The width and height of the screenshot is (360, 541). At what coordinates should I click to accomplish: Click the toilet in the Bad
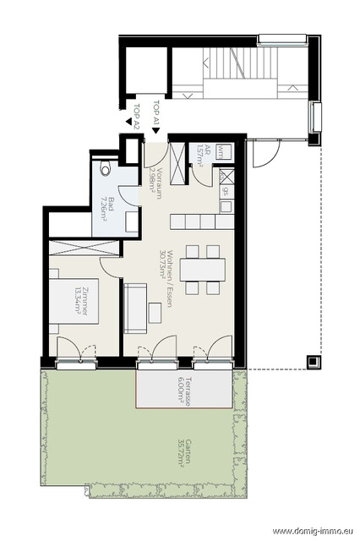tap(106, 169)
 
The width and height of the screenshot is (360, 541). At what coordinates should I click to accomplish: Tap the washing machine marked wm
tap(223, 151)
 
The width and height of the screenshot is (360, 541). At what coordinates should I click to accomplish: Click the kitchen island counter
tap(198, 221)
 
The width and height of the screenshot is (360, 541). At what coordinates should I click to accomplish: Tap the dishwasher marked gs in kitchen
tap(226, 191)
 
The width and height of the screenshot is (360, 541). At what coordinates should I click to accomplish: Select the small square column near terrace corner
tap(314, 362)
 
